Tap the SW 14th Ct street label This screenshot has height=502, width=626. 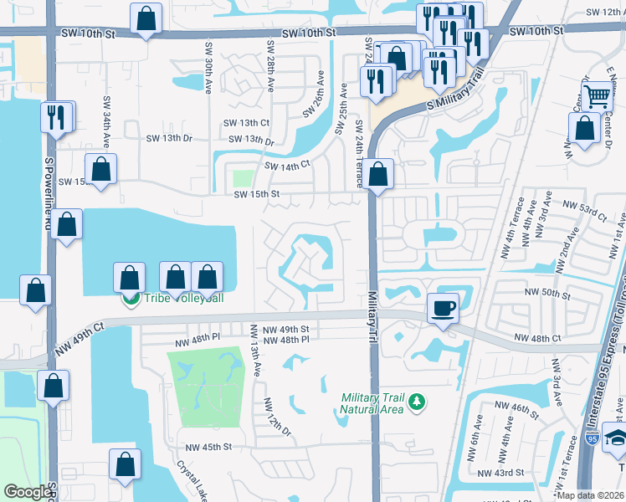pos(288,166)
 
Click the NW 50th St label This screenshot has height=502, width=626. pos(547,295)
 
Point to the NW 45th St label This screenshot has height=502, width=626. pos(208,447)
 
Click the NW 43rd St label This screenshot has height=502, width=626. pos(501,472)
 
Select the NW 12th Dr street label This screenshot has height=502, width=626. pos(277,417)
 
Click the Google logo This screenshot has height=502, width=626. pos(28,492)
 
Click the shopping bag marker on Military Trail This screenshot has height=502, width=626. pos(379,174)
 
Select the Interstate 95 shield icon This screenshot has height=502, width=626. pos(593,461)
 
